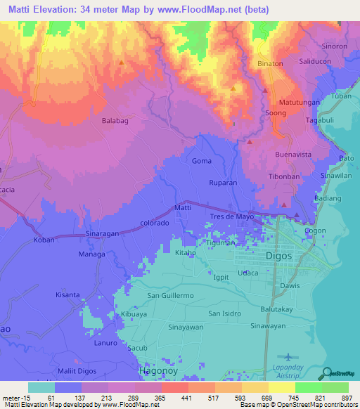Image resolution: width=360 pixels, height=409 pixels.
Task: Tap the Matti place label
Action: coord(183,209)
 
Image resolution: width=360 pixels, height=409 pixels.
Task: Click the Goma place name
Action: coord(202,161)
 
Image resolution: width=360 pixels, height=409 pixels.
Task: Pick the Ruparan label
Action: coord(223,182)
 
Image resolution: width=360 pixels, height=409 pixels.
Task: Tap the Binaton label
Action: coord(270,63)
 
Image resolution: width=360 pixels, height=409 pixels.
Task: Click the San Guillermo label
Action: coord(170,296)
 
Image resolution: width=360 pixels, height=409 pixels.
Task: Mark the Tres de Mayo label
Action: coord(235,216)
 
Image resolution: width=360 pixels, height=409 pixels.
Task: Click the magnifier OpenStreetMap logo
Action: coord(325,373)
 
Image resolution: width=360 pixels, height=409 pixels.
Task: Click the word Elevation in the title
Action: coord(69,10)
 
